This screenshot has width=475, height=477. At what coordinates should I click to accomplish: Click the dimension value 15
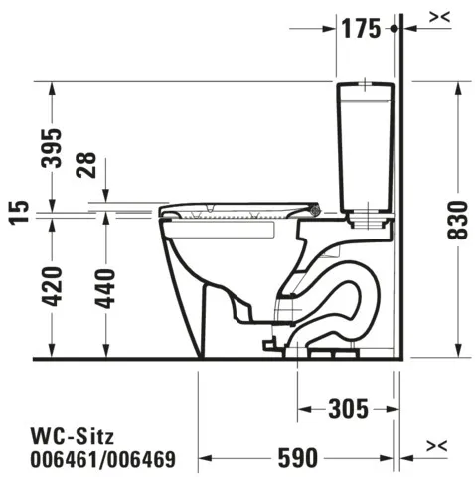[x=16, y=212]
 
